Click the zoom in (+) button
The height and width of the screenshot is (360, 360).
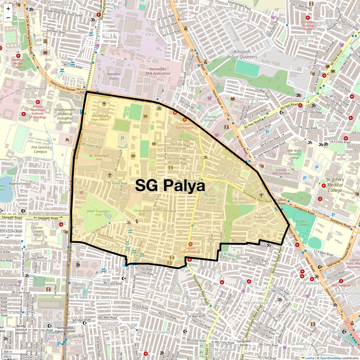point(8,9)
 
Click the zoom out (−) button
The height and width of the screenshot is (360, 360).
point(8,17)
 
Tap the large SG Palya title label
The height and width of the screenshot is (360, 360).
point(170,186)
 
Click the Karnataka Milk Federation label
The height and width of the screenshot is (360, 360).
point(158,71)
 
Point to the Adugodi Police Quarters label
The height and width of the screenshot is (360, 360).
point(242,54)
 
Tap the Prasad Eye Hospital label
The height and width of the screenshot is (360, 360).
point(184,126)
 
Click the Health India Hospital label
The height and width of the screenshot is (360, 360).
point(190,250)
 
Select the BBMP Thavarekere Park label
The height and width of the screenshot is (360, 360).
point(98,213)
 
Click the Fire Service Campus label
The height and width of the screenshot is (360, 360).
point(40,149)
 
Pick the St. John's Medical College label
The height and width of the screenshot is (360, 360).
point(335,185)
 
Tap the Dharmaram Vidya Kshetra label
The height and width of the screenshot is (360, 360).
point(100,118)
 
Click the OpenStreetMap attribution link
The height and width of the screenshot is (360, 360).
point(330,358)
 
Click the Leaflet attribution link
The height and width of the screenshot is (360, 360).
point(310,358)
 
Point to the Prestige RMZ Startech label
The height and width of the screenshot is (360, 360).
point(281,172)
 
